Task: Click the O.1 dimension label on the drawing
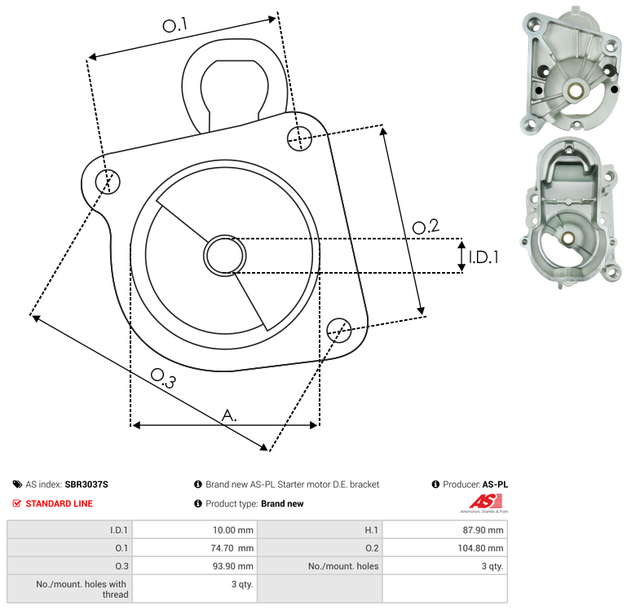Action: (x=175, y=25)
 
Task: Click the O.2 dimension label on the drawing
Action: (x=426, y=226)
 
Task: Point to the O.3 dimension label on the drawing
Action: (x=163, y=378)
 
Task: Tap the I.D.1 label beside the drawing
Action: (x=483, y=257)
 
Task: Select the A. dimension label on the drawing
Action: (x=229, y=415)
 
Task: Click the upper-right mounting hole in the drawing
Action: (x=299, y=138)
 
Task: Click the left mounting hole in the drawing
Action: (x=108, y=182)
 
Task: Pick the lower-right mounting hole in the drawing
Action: (x=339, y=331)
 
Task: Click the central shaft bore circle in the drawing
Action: (x=225, y=256)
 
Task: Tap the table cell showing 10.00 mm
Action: (x=232, y=530)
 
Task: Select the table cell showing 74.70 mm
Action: (x=232, y=548)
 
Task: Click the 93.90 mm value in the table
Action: (x=232, y=566)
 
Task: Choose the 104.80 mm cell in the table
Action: (x=480, y=548)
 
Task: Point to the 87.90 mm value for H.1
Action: (x=483, y=530)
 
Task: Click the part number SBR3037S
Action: (x=86, y=485)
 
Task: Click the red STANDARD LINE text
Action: (x=59, y=504)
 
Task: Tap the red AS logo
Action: (x=486, y=502)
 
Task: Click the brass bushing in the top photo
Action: (x=575, y=90)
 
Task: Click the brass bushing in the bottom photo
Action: (x=567, y=238)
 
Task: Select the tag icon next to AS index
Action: (x=17, y=485)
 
